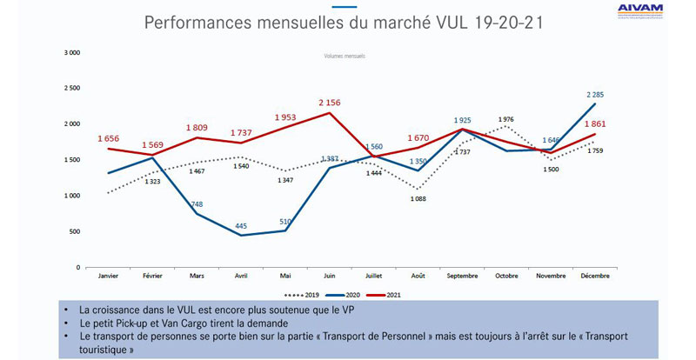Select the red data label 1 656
click(109, 138)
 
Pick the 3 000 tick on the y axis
click(72, 52)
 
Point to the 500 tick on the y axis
click(77, 231)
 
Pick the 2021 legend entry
click(392, 294)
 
